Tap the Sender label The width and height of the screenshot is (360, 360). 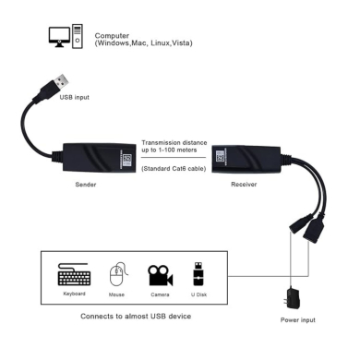click(85, 184)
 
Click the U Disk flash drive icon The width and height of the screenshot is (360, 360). click(198, 274)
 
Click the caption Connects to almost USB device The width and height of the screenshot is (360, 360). click(137, 315)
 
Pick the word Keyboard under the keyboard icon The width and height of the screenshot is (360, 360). click(75, 294)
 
